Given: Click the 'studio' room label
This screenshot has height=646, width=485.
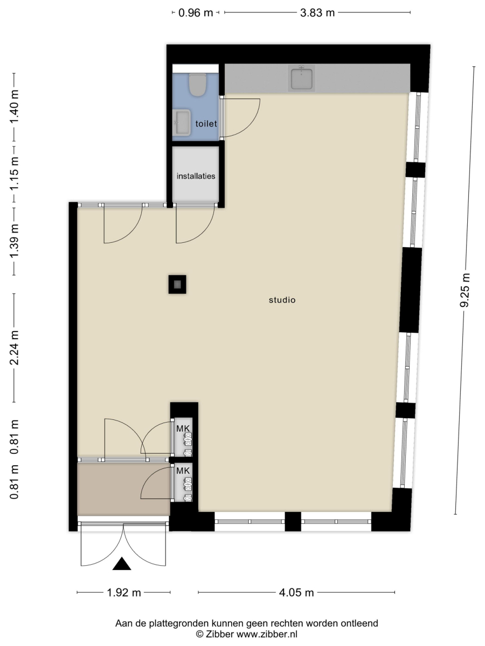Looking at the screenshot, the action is [282, 300].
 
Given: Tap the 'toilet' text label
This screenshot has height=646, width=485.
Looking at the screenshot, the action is [206, 124].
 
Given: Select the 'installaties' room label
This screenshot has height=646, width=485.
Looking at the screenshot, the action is [196, 176].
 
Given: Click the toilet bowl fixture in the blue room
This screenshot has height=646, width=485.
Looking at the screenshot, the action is [197, 85].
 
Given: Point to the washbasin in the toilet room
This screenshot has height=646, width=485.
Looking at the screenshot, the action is [182, 122].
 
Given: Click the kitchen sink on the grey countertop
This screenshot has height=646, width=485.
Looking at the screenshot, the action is [302, 78].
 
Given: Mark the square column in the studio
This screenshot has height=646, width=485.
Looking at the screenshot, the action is [177, 284].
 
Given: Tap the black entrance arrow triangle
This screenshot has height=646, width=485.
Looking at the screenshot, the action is [122, 564].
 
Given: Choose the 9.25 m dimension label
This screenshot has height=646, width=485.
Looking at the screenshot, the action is [465, 290].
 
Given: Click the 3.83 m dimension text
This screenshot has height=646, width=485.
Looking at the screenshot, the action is [317, 13].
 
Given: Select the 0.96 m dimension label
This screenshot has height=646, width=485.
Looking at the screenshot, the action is [196, 13].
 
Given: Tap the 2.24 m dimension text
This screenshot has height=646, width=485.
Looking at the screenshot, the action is [14, 348].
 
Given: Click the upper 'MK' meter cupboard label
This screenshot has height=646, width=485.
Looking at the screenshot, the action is [183, 429].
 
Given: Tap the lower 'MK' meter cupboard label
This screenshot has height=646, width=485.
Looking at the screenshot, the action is [183, 471].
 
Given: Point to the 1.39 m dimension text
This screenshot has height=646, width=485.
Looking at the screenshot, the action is [14, 241].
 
